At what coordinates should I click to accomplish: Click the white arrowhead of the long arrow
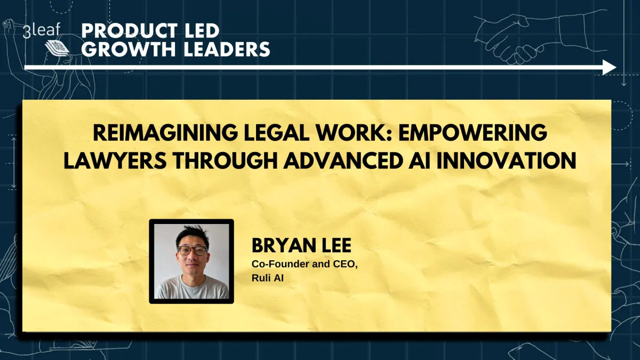point(609,67)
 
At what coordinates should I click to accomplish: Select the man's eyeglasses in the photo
point(193,250)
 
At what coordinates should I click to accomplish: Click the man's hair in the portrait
point(192,235)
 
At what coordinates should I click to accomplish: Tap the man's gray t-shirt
point(192,288)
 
